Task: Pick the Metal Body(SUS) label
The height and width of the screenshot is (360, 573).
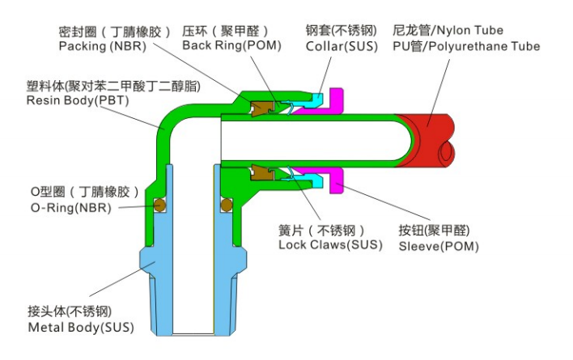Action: pos(81,328)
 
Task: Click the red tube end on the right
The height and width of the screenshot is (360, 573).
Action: pos(437,133)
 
